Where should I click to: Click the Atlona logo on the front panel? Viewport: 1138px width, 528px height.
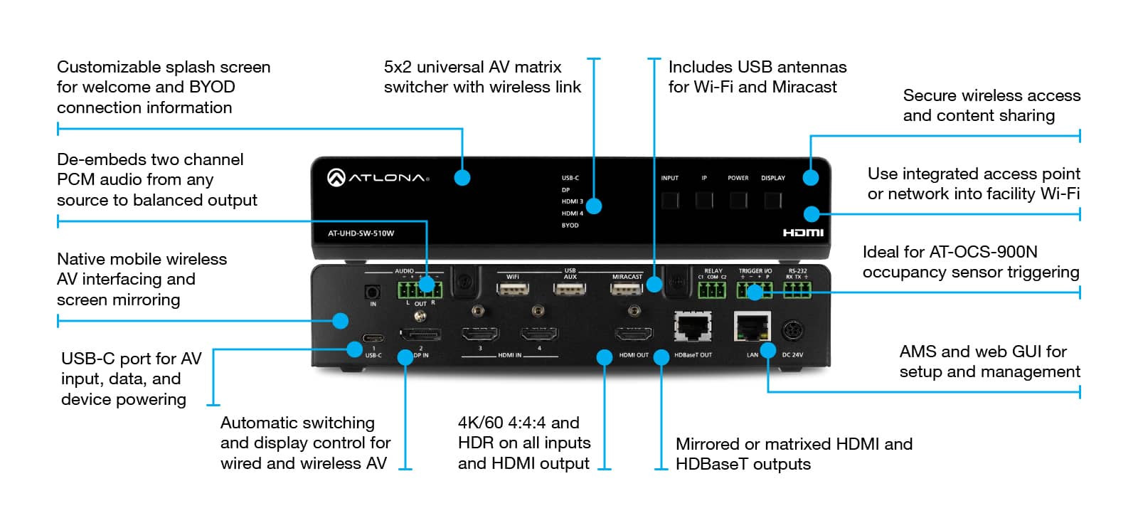click(378, 177)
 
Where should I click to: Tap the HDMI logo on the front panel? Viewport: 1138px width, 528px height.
click(803, 233)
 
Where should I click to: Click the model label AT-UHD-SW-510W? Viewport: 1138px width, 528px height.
click(361, 233)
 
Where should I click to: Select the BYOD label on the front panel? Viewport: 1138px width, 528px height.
click(570, 226)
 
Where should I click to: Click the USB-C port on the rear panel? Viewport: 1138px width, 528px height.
click(373, 339)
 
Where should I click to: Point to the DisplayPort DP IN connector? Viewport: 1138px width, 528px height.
click(420, 334)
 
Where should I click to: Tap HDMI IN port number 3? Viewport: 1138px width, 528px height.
click(480, 334)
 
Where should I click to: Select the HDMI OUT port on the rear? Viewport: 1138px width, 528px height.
click(633, 334)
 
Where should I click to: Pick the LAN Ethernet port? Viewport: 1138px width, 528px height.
click(752, 327)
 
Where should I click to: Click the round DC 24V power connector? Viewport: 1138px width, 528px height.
click(792, 330)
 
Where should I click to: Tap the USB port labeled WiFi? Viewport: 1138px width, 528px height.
click(513, 289)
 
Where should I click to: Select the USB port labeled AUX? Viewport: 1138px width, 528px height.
click(570, 289)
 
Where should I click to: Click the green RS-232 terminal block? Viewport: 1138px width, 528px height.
click(797, 289)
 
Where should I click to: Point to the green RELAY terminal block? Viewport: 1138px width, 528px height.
click(712, 290)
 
